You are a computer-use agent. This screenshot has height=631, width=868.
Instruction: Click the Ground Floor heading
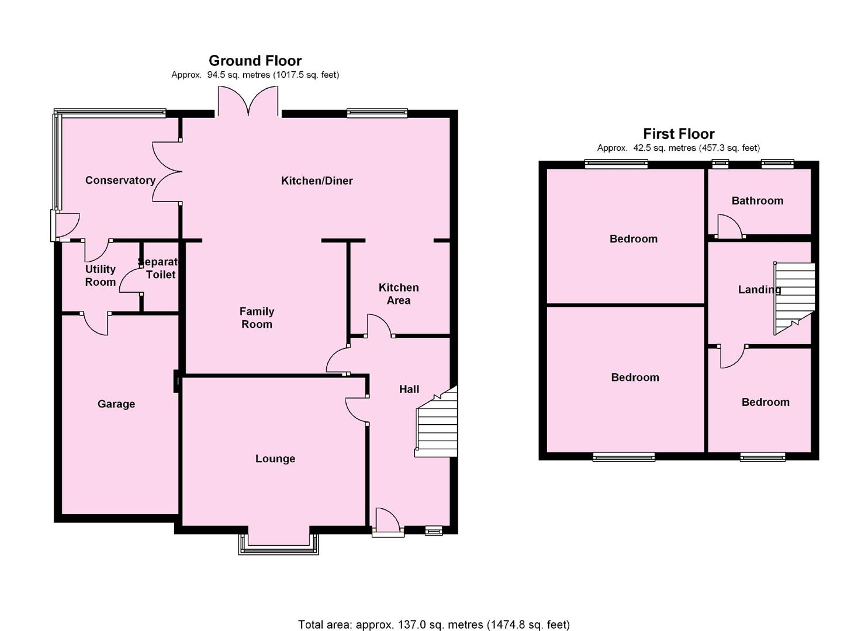tap(255, 61)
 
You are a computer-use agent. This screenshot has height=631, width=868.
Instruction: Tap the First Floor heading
tap(679, 134)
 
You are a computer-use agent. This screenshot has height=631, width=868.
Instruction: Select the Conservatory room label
tap(120, 180)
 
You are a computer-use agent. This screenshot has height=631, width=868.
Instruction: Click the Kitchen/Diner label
tap(317, 181)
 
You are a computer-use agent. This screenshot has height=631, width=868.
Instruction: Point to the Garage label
tap(116, 404)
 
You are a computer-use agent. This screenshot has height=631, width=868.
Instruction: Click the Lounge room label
tap(275, 459)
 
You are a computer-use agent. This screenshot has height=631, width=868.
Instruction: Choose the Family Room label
tap(257, 318)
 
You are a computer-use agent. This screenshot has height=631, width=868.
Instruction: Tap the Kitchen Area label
tap(398, 294)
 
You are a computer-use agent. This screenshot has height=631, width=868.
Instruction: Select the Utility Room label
tap(100, 275)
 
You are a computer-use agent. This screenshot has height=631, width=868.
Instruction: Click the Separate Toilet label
tap(159, 268)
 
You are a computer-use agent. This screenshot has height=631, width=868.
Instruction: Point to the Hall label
tap(409, 389)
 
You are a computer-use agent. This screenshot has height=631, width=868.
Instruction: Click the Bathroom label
tap(757, 200)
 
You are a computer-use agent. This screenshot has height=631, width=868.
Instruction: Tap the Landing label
tap(759, 289)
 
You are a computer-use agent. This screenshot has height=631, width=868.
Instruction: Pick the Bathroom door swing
tap(729, 227)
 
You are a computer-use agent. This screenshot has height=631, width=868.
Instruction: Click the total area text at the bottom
tap(434, 625)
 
